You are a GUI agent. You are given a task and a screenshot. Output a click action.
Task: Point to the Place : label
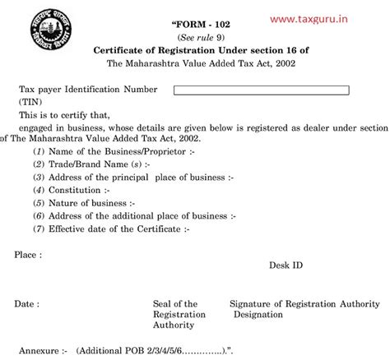click(29, 256)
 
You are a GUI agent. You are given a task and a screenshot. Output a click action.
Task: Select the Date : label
click(27, 304)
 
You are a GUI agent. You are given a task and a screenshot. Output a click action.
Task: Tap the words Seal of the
click(175, 304)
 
